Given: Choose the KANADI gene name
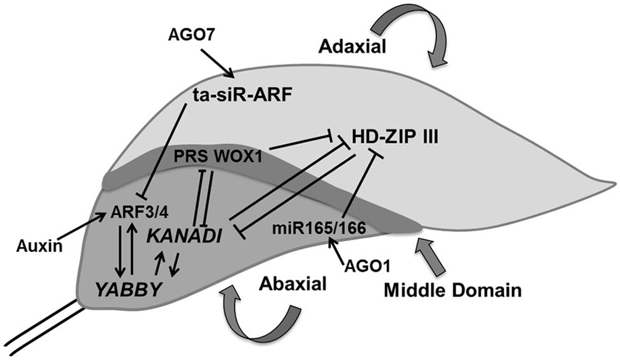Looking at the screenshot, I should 184,236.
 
